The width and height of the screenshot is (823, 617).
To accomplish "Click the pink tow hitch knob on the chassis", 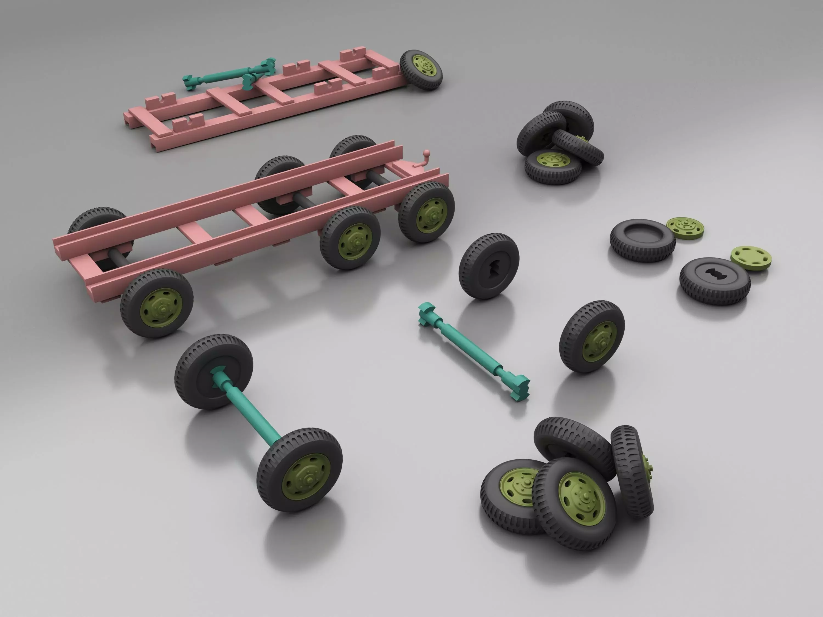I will (427, 152).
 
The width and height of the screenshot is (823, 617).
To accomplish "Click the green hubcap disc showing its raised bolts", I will (684, 227).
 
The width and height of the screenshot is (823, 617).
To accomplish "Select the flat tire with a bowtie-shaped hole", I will (714, 281).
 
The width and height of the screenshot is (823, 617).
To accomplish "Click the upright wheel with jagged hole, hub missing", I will (489, 266).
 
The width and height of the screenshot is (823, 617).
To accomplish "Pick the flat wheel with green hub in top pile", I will (553, 167).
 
